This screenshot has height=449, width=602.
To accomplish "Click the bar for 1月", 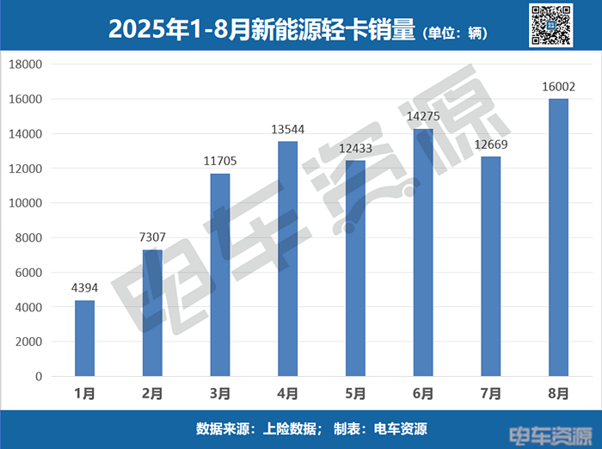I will [84, 338].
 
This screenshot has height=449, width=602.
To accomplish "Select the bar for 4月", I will [288, 258].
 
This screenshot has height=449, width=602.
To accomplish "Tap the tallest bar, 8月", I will [559, 237].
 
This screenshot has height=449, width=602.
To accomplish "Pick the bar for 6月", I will [423, 252].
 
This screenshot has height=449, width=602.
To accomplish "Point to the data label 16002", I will [558, 86].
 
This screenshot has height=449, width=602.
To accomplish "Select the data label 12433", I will [355, 148].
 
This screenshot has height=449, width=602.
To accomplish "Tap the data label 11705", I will [219, 160].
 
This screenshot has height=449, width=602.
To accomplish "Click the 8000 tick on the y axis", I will [28, 238].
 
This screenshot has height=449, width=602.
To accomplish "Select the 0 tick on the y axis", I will [38, 377].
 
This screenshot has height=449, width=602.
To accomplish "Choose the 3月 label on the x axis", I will [219, 394].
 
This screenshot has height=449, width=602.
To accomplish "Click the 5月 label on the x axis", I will [355, 394].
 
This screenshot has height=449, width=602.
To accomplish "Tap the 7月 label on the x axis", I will [491, 394].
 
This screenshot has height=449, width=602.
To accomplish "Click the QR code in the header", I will [550, 25].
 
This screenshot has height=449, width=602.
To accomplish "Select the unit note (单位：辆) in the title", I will [456, 33].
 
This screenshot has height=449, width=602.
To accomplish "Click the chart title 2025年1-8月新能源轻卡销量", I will [262, 29].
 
